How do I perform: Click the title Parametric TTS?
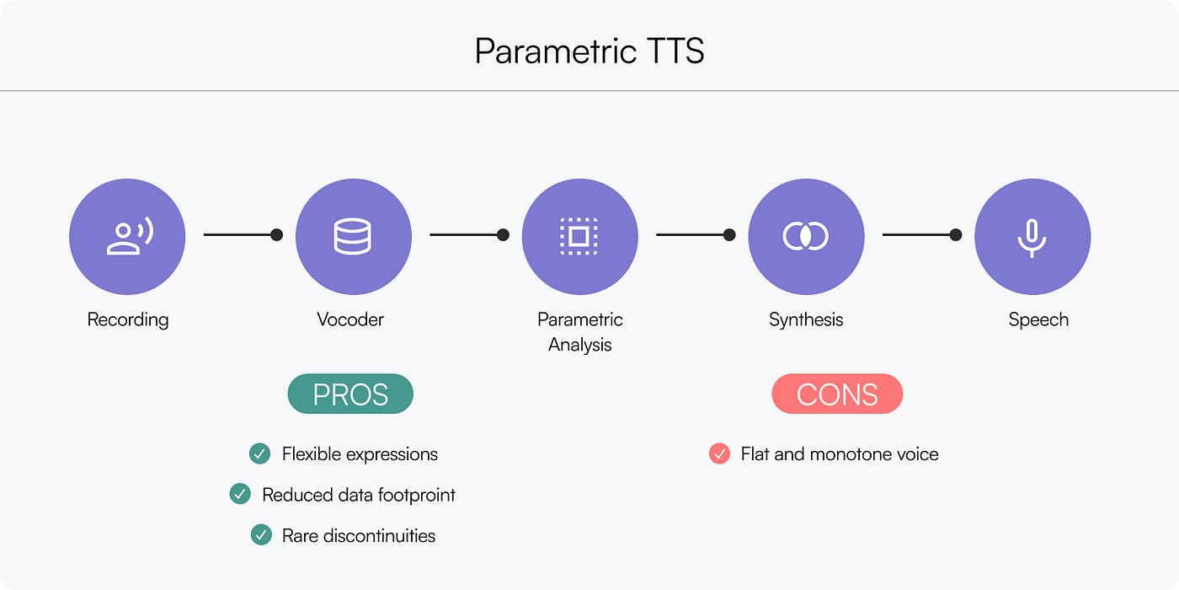(x=589, y=51)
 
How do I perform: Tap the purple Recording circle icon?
(x=127, y=236)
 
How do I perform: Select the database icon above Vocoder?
(x=353, y=236)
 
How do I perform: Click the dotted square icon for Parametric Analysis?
(x=579, y=236)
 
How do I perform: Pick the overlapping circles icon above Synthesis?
(x=806, y=236)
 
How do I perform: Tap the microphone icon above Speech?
(x=1032, y=236)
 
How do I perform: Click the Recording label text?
(x=128, y=319)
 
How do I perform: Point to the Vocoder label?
(x=350, y=319)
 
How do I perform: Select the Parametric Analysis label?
(x=580, y=332)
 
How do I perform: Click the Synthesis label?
(x=806, y=319)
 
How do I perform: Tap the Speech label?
(x=1038, y=319)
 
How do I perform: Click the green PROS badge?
(x=350, y=394)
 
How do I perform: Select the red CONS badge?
(x=837, y=394)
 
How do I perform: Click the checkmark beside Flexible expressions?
(x=259, y=454)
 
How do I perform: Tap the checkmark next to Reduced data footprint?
(x=240, y=495)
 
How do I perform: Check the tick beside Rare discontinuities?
(x=261, y=535)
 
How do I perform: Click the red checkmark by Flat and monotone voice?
(x=719, y=454)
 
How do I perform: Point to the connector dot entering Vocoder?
(x=276, y=235)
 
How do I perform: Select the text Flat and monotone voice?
(x=840, y=454)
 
